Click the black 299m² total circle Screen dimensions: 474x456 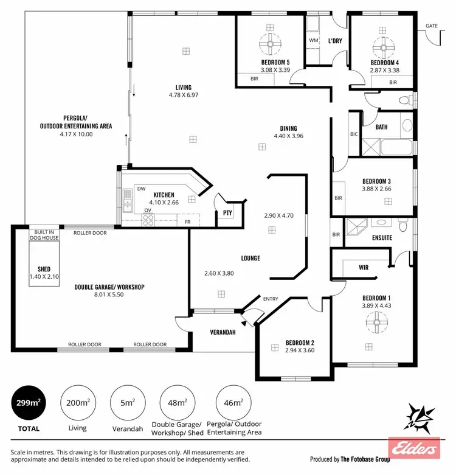[28, 402]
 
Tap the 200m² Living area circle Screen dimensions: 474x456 [77, 402]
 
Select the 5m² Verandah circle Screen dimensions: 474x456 [127, 402]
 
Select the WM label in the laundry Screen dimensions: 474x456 [314, 40]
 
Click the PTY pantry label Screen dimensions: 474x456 [227, 213]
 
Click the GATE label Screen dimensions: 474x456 [432, 26]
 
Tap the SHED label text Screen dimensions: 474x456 [43, 269]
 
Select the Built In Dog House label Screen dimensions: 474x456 [43, 235]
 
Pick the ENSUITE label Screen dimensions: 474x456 [382, 238]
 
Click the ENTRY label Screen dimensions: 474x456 [271, 299]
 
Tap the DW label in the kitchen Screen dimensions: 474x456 [140, 189]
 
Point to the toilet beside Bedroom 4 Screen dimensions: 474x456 [404, 99]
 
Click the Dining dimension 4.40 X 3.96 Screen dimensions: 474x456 [288, 136]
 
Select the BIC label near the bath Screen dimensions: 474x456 [354, 133]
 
